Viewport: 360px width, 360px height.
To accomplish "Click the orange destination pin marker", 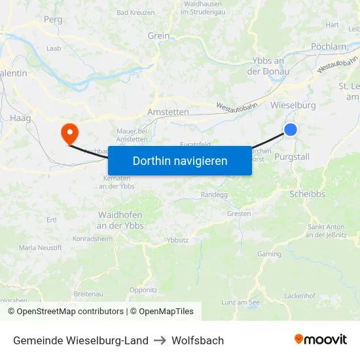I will tap(69, 133).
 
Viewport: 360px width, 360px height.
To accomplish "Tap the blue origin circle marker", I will tap(291, 130).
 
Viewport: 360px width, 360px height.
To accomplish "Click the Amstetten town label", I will tap(168, 113).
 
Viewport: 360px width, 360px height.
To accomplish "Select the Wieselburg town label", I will tap(293, 105).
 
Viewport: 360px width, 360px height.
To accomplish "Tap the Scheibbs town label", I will tap(307, 194).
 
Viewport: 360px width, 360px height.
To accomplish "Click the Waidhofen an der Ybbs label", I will tap(121, 220).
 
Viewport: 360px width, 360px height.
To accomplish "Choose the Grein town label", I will tap(158, 36).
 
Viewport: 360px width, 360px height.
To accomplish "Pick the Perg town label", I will tap(53, 20).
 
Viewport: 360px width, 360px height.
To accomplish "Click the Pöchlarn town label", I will tap(329, 46).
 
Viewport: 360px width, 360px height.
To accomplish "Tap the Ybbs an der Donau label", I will tap(267, 66).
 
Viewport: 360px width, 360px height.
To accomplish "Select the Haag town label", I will tap(20, 118).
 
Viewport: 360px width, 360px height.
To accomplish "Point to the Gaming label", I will tap(269, 254).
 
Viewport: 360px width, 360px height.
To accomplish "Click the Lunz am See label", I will tap(240, 302).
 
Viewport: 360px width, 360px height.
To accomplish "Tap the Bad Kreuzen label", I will tap(135, 12).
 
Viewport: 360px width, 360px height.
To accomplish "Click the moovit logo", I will tap(320, 340).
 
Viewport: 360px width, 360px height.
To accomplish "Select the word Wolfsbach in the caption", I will tap(198, 340).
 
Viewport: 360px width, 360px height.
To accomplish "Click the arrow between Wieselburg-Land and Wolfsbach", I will tap(160, 340).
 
